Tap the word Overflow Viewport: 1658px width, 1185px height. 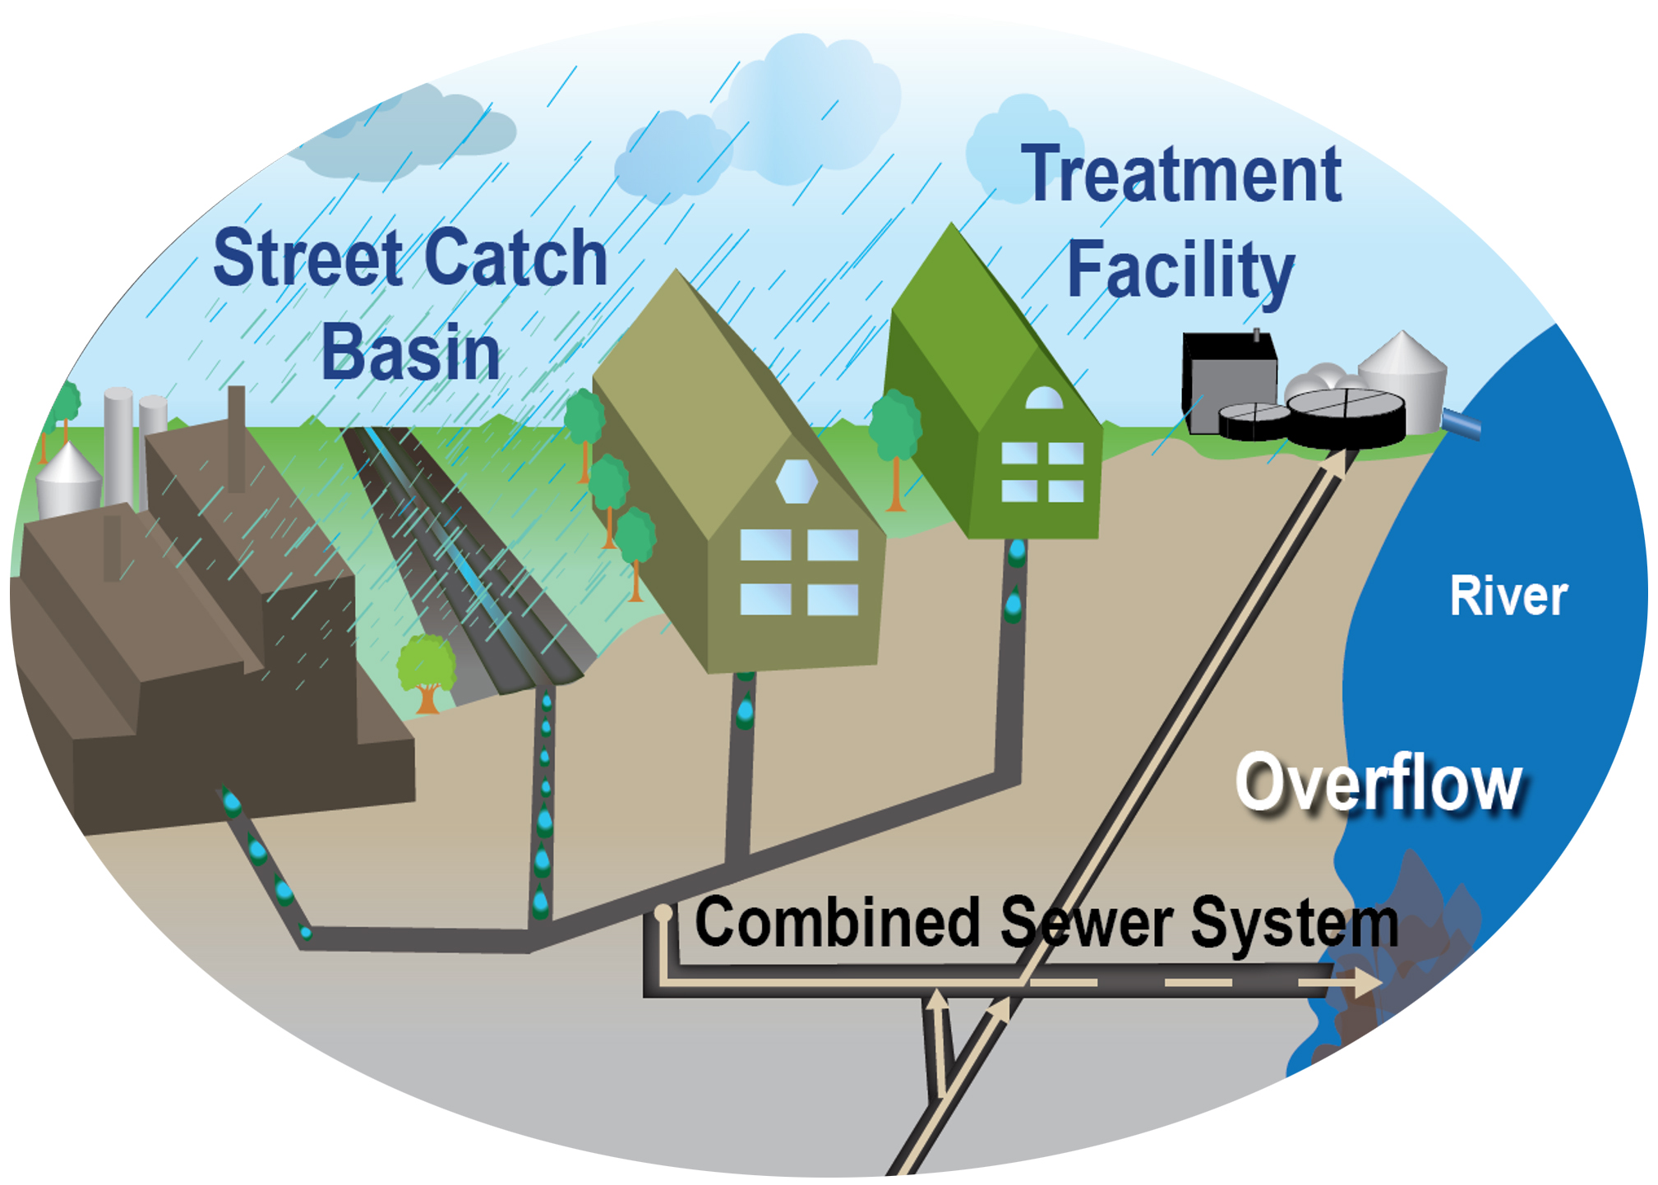coord(1379,783)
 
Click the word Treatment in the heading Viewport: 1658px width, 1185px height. coord(1180,174)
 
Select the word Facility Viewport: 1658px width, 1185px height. coord(1180,270)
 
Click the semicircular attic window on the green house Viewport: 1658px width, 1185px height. coord(1044,399)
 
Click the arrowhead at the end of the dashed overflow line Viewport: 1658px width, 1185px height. coord(1368,983)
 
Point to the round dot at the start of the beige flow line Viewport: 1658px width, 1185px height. coord(663,912)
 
